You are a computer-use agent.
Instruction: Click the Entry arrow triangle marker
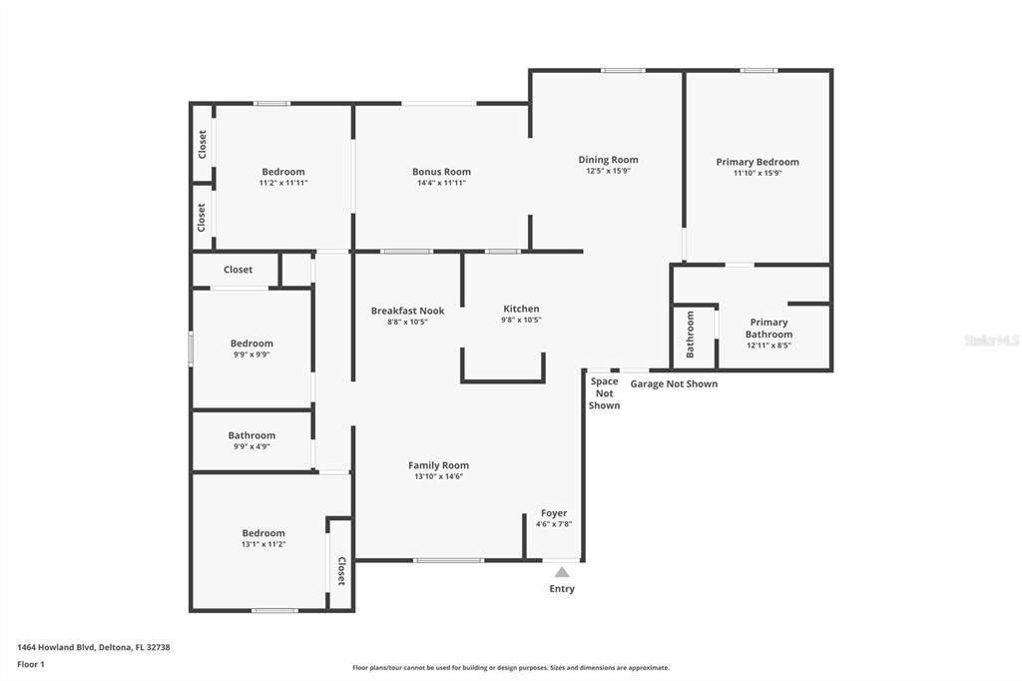562,572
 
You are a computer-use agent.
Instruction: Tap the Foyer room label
553,513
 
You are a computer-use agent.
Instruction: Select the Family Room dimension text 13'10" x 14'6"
438,476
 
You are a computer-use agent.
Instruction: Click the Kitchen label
521,310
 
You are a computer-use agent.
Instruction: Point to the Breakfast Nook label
407,311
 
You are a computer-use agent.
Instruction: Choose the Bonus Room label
441,172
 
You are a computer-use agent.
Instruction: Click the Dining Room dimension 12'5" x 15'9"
608,171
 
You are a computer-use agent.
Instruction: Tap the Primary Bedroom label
758,162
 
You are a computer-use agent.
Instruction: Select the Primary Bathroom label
768,329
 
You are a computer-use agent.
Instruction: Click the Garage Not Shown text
674,383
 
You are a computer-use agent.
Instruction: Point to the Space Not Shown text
604,393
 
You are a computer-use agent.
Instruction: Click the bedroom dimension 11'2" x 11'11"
283,183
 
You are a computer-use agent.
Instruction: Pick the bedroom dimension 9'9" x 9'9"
252,354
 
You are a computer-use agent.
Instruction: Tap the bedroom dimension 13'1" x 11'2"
263,544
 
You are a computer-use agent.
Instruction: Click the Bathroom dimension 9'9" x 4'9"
252,446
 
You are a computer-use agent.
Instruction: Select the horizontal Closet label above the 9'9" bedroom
238,270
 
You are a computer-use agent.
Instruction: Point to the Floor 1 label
31,664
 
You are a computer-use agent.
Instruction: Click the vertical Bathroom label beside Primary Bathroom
690,335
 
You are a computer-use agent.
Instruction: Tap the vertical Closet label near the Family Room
341,571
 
